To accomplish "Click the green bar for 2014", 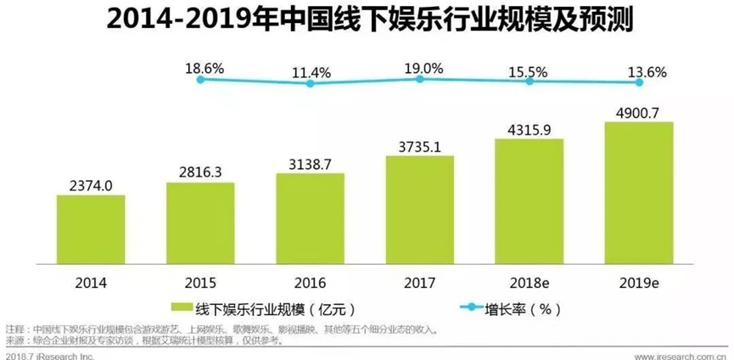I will (91, 230).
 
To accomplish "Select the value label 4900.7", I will (639, 110).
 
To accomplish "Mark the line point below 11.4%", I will (311, 83).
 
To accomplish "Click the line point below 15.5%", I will (530, 82).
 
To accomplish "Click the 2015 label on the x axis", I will (200, 281).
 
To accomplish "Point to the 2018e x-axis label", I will (529, 281).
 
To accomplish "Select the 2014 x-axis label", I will (91, 281).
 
